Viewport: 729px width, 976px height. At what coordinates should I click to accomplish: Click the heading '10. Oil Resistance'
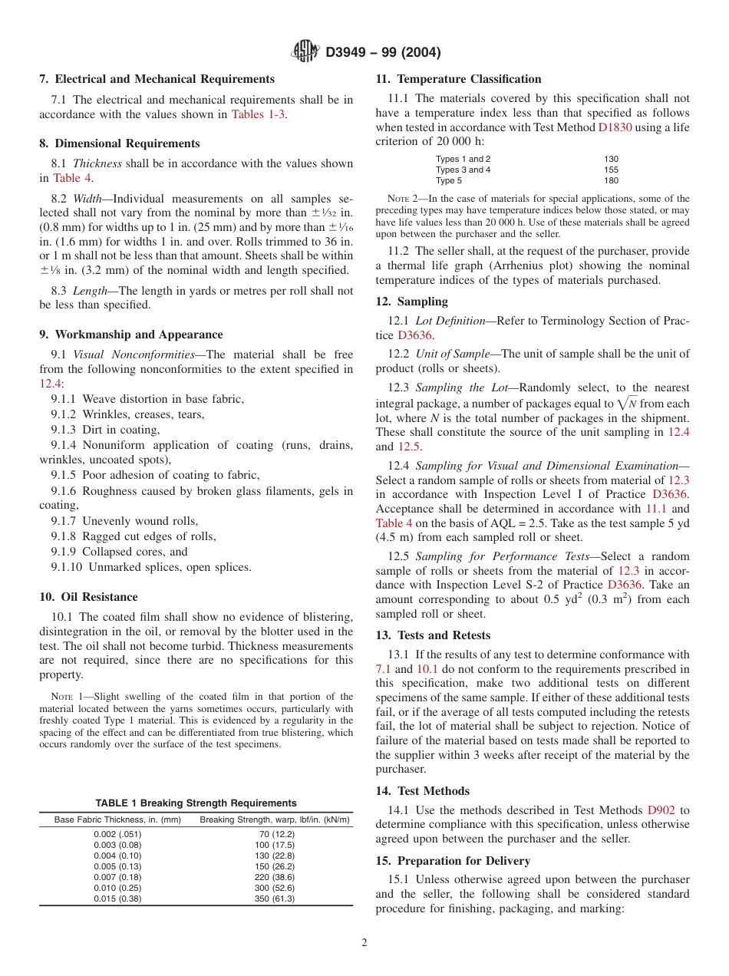click(x=88, y=597)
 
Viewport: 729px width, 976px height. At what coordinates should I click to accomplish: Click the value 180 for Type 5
click(x=611, y=181)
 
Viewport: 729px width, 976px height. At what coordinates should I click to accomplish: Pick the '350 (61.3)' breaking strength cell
click(x=274, y=899)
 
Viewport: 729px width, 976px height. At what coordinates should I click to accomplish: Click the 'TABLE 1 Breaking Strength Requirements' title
click(x=196, y=803)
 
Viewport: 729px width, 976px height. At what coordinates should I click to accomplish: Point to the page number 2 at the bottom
click(x=364, y=943)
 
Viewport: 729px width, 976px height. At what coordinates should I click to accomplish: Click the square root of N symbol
click(x=631, y=403)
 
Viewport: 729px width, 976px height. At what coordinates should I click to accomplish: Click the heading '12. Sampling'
click(x=411, y=302)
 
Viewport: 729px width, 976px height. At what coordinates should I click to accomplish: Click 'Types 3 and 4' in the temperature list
click(x=463, y=170)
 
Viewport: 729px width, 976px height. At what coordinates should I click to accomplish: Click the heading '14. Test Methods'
click(x=422, y=790)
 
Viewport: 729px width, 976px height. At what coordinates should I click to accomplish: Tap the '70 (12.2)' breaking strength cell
click(x=274, y=834)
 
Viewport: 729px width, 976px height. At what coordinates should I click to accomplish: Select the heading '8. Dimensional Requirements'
click(x=119, y=143)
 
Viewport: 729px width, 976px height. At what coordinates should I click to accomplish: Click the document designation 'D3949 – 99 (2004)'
click(x=383, y=52)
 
